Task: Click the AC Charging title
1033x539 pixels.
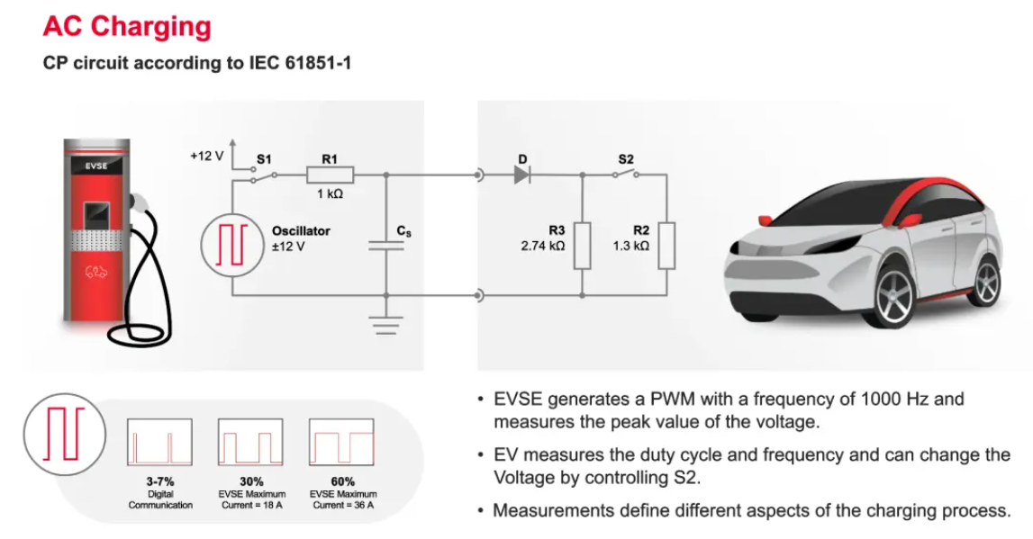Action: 127,25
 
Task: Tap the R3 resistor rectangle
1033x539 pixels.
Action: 582,246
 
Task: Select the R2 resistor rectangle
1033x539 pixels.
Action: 666,246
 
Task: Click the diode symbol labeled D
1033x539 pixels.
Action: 523,175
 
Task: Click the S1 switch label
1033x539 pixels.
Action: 264,158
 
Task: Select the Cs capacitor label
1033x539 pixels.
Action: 404,231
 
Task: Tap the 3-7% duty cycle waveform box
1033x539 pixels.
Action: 160,441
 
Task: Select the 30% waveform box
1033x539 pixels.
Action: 249,441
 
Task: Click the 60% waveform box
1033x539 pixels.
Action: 340,441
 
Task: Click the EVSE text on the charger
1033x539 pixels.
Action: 95,166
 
